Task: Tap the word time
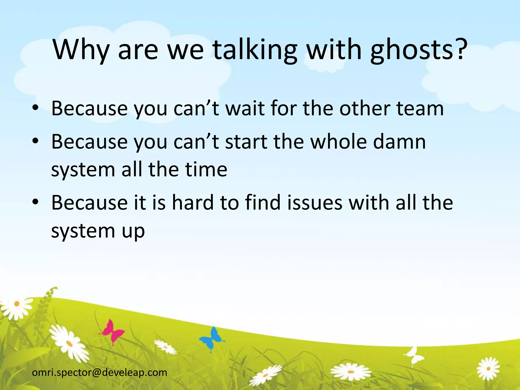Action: point(206,169)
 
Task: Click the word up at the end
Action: point(133,231)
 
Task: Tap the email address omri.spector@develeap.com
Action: point(100,372)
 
